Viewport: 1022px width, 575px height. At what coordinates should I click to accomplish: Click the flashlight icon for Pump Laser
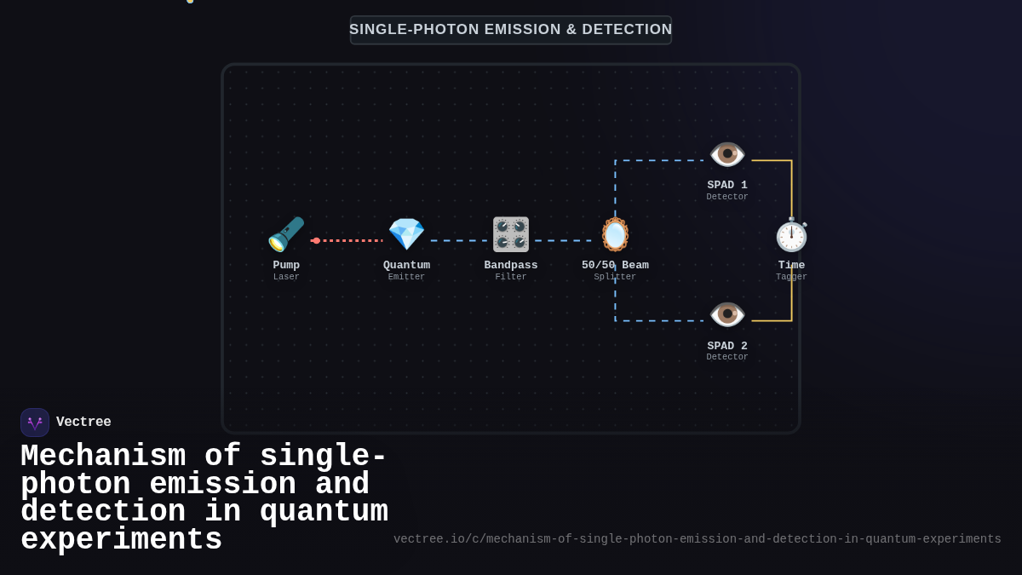286,234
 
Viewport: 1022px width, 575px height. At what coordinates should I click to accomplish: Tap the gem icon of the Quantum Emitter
406,234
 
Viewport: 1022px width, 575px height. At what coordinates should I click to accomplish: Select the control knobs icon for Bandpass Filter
511,234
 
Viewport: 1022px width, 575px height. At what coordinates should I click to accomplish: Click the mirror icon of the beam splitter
615,234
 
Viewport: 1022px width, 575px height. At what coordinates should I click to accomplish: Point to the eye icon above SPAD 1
727,154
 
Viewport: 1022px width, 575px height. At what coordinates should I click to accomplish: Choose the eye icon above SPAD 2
727,314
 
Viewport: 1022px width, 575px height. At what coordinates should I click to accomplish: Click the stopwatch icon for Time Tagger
791,235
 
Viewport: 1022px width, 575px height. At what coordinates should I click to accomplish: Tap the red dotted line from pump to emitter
349,240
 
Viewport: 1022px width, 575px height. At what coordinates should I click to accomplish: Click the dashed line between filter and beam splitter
562,240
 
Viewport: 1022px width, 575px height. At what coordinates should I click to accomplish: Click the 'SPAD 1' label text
727,185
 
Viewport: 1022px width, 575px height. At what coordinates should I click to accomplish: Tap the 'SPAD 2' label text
727,346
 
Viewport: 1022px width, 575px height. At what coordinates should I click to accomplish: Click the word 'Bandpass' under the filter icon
511,265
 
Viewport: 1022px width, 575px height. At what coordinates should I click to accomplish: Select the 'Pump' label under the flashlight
286,265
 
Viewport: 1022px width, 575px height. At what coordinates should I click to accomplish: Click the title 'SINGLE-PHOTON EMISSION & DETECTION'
511,30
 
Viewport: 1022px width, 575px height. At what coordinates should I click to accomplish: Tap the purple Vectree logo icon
35,423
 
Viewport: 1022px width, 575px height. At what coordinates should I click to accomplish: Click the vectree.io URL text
697,539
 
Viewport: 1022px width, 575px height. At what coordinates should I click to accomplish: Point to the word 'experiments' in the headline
121,540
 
